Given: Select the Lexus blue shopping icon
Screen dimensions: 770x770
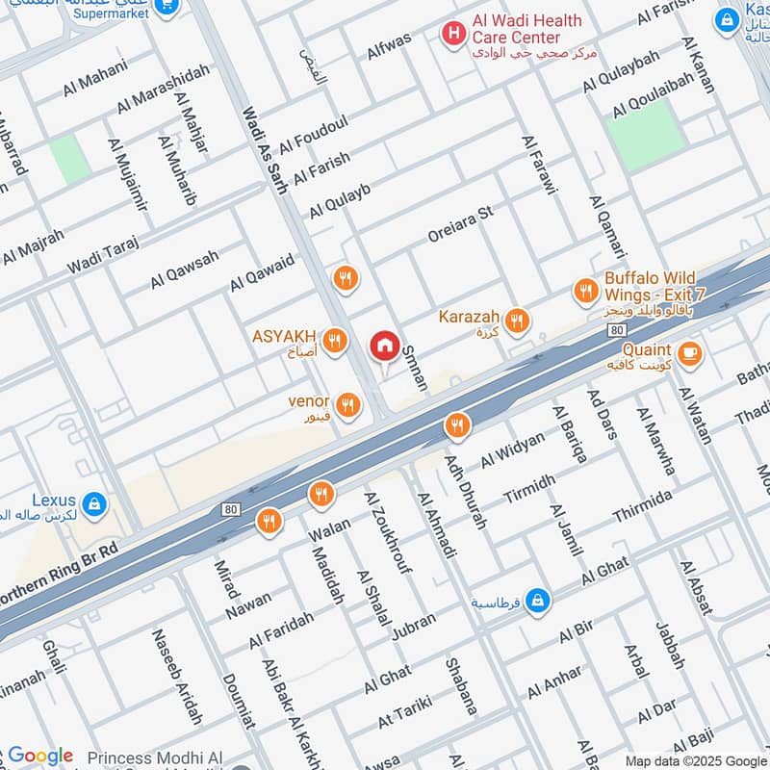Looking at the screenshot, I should point(94,502).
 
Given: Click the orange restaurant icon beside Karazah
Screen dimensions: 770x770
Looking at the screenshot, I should point(518,321).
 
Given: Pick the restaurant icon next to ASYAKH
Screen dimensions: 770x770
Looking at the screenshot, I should point(334,340).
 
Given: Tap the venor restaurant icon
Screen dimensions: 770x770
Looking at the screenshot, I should point(348,404).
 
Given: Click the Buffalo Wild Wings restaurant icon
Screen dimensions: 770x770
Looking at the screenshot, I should point(585,290).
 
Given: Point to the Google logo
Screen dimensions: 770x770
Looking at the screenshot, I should point(39,756).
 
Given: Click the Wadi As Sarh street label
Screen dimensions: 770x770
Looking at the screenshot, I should point(266,149).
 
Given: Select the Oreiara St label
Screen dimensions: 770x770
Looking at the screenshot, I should point(461,224).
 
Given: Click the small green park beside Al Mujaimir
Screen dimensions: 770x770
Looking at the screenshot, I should point(70,159).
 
